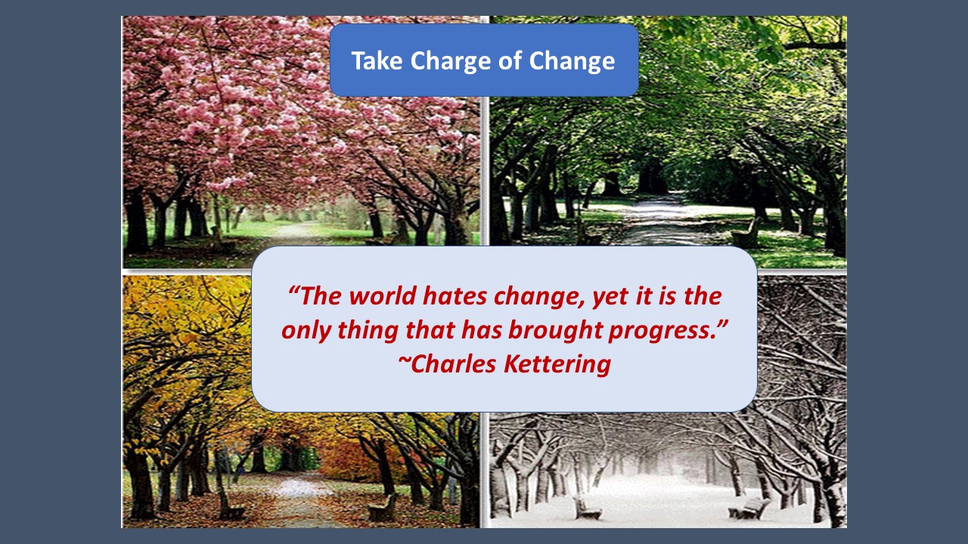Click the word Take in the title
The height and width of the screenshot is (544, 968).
377,60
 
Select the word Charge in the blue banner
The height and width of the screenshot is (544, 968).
449,62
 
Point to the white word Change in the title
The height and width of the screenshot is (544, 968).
572,62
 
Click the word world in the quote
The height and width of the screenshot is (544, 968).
382,296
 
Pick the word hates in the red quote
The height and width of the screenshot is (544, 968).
455,296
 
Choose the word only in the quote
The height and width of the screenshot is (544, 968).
306,332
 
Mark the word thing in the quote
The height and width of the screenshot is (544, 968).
368,332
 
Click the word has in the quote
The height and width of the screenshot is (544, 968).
482,330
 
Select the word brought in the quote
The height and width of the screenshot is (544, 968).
555,332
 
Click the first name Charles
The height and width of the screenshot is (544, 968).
453,364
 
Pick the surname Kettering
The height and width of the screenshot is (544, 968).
557,365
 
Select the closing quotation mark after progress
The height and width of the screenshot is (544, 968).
722,324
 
